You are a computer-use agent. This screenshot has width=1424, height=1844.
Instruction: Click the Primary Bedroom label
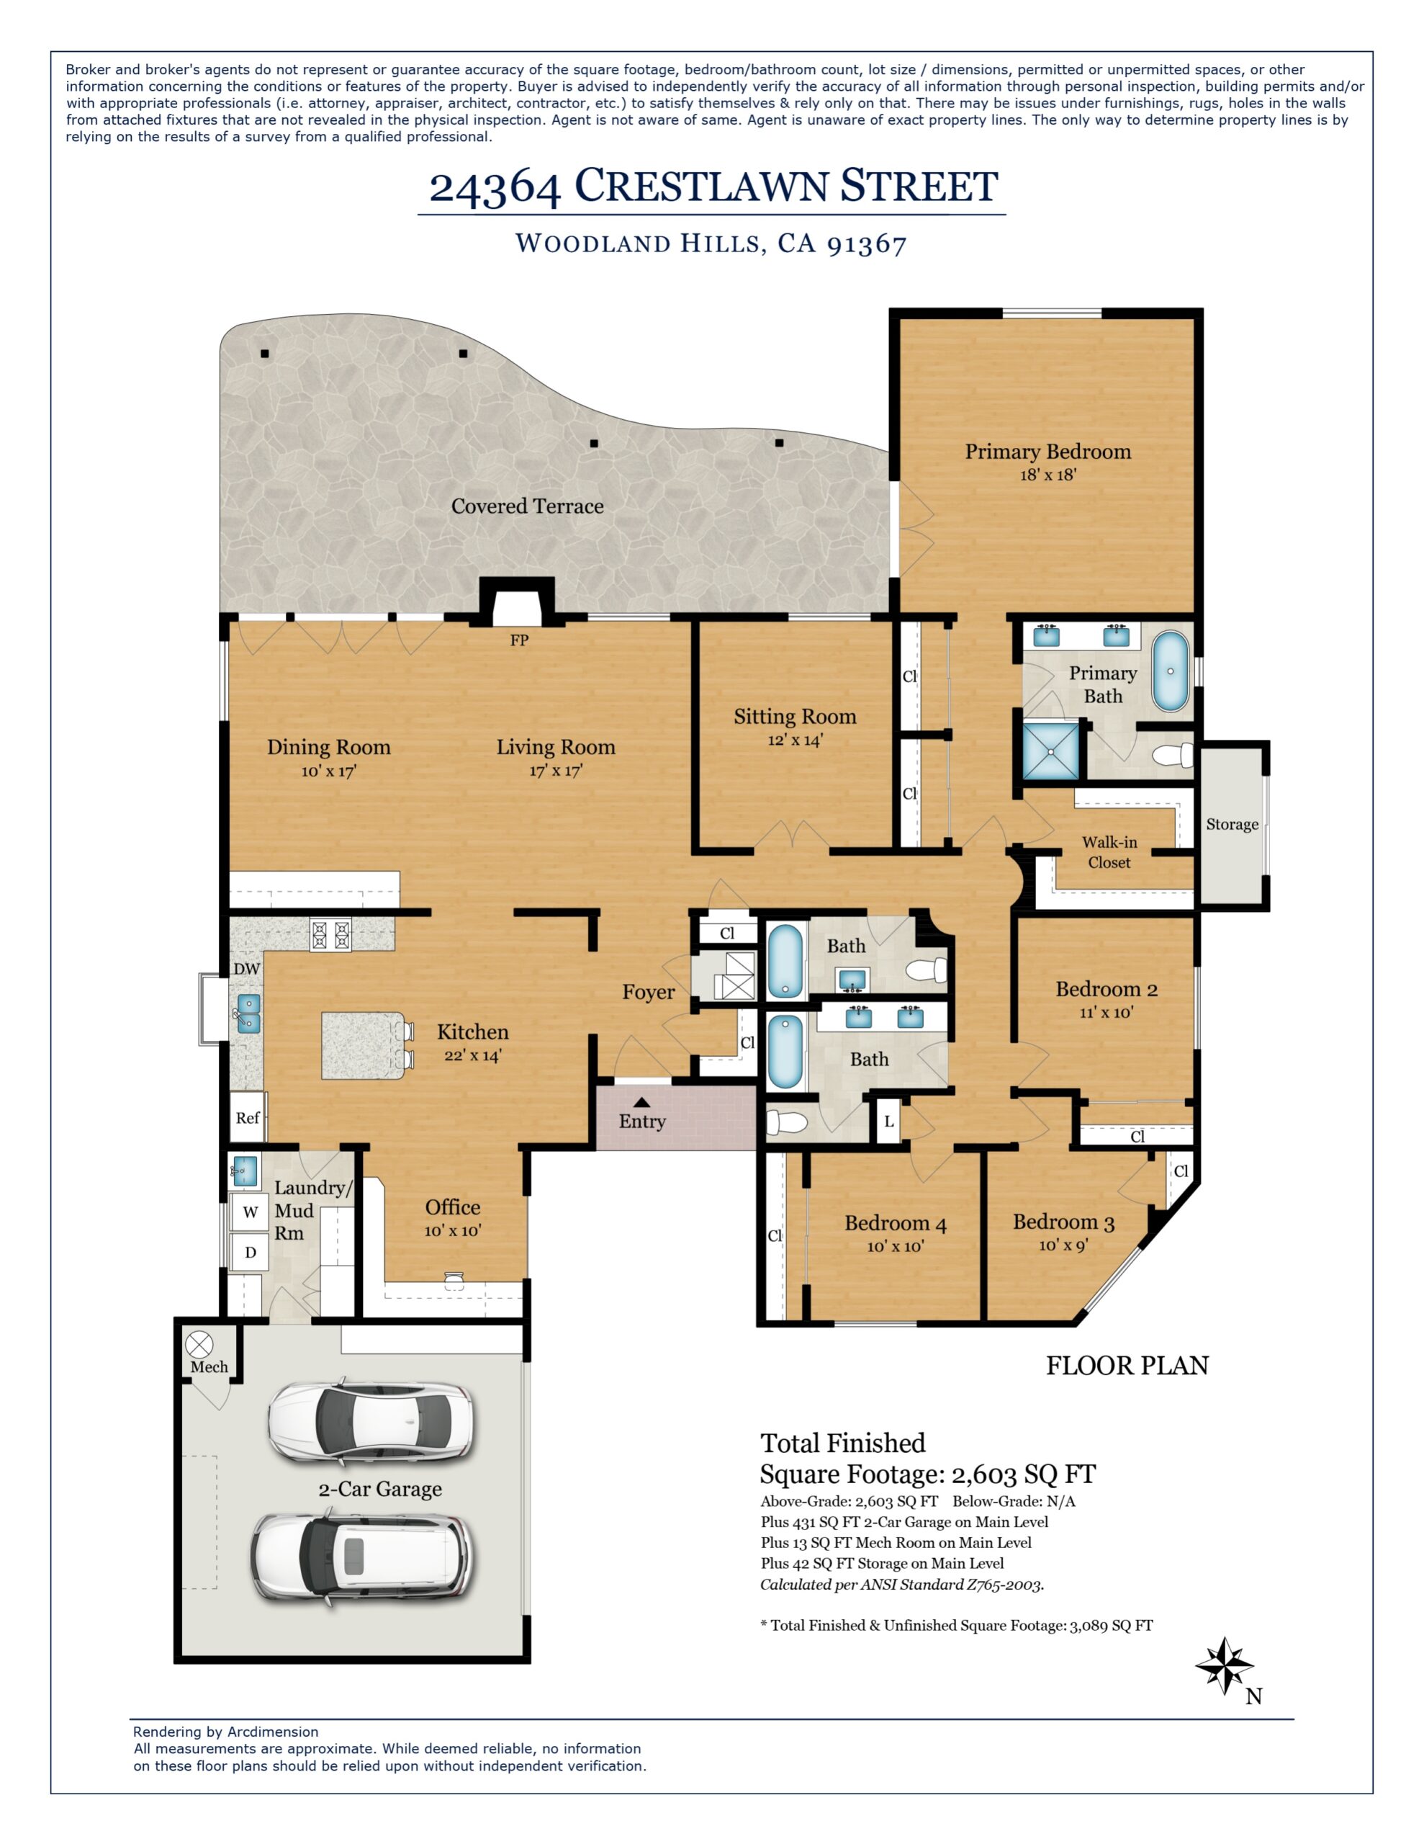point(1047,452)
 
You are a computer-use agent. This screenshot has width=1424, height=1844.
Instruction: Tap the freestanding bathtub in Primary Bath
point(1170,671)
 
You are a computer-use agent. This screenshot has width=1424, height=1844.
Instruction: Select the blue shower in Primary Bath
point(1051,750)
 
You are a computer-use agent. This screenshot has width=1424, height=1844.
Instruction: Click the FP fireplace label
point(519,640)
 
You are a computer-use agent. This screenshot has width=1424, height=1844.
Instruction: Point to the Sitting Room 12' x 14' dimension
point(794,740)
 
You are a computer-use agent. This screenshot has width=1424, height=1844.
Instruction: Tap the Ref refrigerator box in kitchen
point(248,1118)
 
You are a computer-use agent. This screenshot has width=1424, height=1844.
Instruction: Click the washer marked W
point(250,1212)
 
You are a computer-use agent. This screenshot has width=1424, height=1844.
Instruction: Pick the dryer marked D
point(250,1252)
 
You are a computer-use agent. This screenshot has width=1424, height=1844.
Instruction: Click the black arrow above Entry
point(641,1101)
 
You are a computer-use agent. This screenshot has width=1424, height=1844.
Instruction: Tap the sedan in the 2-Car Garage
point(371,1424)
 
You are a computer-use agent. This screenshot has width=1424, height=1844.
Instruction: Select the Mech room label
point(209,1367)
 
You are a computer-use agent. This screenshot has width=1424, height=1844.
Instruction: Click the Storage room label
point(1232,824)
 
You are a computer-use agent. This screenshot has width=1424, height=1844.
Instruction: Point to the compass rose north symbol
point(1225,1666)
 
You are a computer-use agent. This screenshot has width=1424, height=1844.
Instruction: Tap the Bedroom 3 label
point(1063,1222)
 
